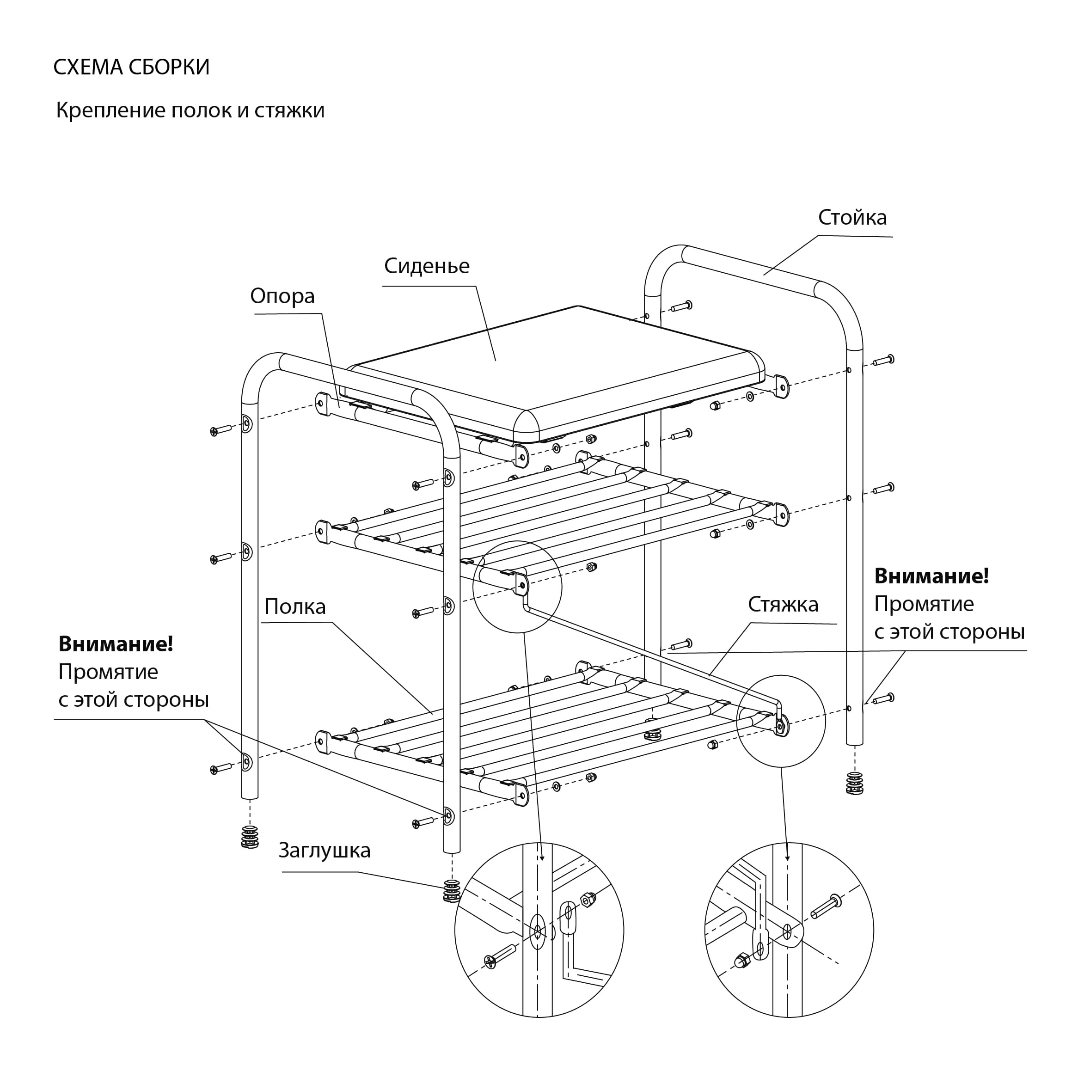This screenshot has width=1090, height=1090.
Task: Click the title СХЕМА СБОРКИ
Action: click(131, 67)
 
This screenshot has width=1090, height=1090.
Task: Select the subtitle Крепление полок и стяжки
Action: click(190, 110)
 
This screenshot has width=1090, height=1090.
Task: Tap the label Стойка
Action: click(852, 217)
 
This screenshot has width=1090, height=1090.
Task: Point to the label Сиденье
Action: click(427, 266)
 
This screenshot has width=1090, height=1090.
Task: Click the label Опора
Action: click(282, 296)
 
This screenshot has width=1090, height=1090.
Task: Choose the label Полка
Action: click(295, 606)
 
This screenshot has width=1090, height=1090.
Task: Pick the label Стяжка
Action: click(783, 604)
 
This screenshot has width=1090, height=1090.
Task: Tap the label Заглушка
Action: click(325, 850)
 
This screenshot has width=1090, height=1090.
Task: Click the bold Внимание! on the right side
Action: click(931, 576)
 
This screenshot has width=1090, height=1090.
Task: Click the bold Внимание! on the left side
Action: click(116, 644)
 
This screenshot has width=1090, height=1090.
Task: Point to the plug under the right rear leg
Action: click(855, 783)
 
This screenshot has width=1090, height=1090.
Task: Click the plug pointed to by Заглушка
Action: click(452, 891)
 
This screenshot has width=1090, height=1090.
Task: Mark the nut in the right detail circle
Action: click(741, 960)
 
